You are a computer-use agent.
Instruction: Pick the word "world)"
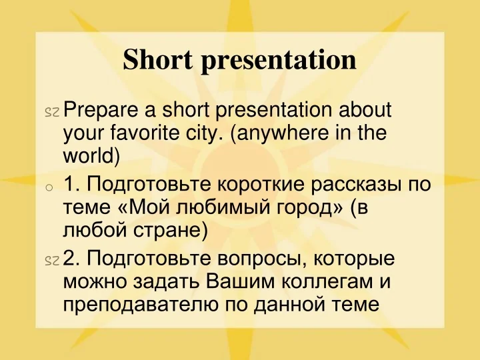click(x=91, y=155)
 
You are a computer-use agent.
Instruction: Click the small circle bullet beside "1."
click(x=49, y=188)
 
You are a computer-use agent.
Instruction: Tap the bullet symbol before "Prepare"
click(x=51, y=111)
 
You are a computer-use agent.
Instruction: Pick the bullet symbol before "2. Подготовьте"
click(x=51, y=261)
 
